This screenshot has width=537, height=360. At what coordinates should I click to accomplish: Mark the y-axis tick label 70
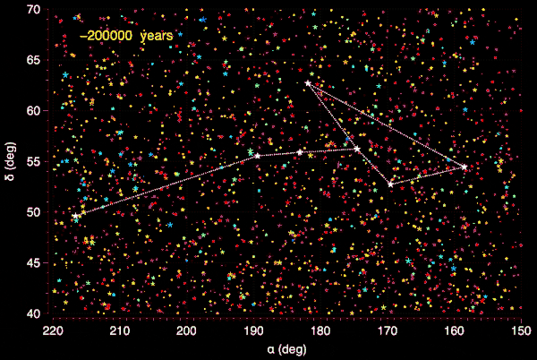coord(34,9)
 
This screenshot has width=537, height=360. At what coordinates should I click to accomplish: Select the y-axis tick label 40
coord(34,313)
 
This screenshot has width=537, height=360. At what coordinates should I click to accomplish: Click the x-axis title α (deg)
coord(287,347)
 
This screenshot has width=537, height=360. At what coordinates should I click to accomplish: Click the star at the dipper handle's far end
coord(75,216)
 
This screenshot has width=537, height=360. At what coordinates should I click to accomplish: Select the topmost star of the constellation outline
coord(308,83)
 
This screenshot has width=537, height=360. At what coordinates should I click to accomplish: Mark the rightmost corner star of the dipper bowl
coord(465,167)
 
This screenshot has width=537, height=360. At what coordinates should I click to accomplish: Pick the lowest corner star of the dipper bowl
coord(390,184)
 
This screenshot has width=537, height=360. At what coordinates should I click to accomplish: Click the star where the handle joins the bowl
coord(357,149)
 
